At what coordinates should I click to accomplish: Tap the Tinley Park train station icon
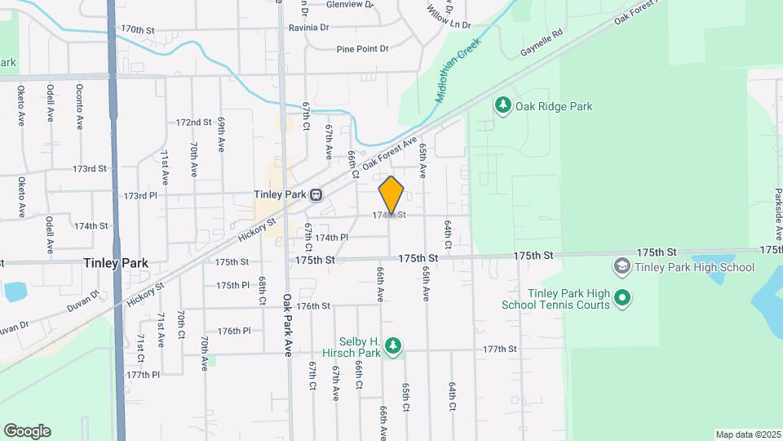(x=315, y=195)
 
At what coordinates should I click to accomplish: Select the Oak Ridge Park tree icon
(x=502, y=105)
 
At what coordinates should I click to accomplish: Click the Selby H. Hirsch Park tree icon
(x=393, y=346)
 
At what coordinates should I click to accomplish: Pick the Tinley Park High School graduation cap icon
(x=622, y=266)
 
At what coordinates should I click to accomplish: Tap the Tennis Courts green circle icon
(x=622, y=299)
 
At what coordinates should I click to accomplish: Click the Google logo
(x=27, y=431)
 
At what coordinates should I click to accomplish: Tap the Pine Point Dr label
(x=363, y=49)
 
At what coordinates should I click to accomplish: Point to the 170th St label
(x=137, y=29)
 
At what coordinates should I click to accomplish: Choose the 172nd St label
(x=193, y=122)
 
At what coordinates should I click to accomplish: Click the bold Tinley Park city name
(x=115, y=263)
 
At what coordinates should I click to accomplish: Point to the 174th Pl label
(x=332, y=238)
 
